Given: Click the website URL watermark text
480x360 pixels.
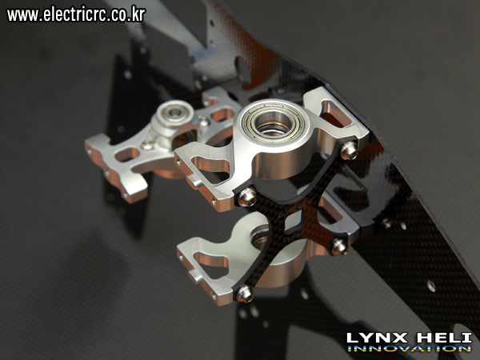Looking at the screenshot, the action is pos(76,14).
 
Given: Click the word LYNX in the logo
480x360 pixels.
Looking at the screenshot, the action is pos(378,338).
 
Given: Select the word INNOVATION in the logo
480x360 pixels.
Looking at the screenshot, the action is pos(410,348).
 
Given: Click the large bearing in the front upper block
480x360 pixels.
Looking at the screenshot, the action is pos(272,123).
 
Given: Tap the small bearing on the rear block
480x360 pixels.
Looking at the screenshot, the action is pos(174,113).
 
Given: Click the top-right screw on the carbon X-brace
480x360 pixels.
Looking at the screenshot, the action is pos(350,150).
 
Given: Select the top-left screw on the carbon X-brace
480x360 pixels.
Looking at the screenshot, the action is pos(247,197).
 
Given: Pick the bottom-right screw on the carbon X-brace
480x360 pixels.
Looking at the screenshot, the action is pos(339,246).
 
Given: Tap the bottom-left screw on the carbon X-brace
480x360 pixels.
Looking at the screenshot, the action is pos(246,293).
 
